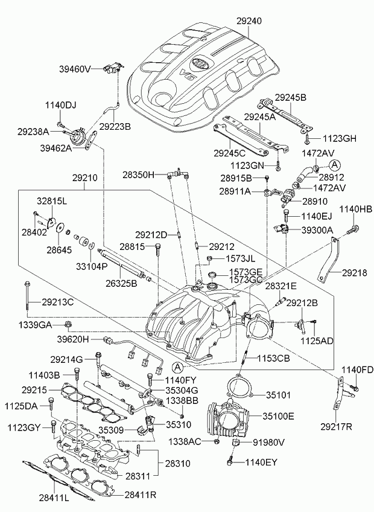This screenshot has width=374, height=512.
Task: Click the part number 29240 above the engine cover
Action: coord(249,21)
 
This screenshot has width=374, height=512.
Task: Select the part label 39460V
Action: coord(74,69)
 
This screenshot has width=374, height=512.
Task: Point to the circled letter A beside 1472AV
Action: coord(335,165)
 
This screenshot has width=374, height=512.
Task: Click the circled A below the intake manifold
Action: coord(177,367)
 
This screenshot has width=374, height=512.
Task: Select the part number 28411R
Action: coord(141,494)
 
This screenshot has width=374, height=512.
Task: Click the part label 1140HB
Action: coord(356,210)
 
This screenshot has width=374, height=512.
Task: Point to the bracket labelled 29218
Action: coord(329,260)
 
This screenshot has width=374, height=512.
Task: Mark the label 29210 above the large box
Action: coord(85,178)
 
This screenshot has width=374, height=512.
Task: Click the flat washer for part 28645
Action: coord(60,228)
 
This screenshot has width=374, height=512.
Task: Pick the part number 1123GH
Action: coord(340,139)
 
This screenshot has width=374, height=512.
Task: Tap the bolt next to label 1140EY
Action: coord(230,462)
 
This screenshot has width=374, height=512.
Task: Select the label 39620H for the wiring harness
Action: coord(73,339)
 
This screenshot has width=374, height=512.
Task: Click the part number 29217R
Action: coord(336,426)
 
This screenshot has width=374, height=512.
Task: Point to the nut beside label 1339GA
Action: coord(68,324)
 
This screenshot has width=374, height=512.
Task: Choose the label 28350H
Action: coord(138,175)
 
